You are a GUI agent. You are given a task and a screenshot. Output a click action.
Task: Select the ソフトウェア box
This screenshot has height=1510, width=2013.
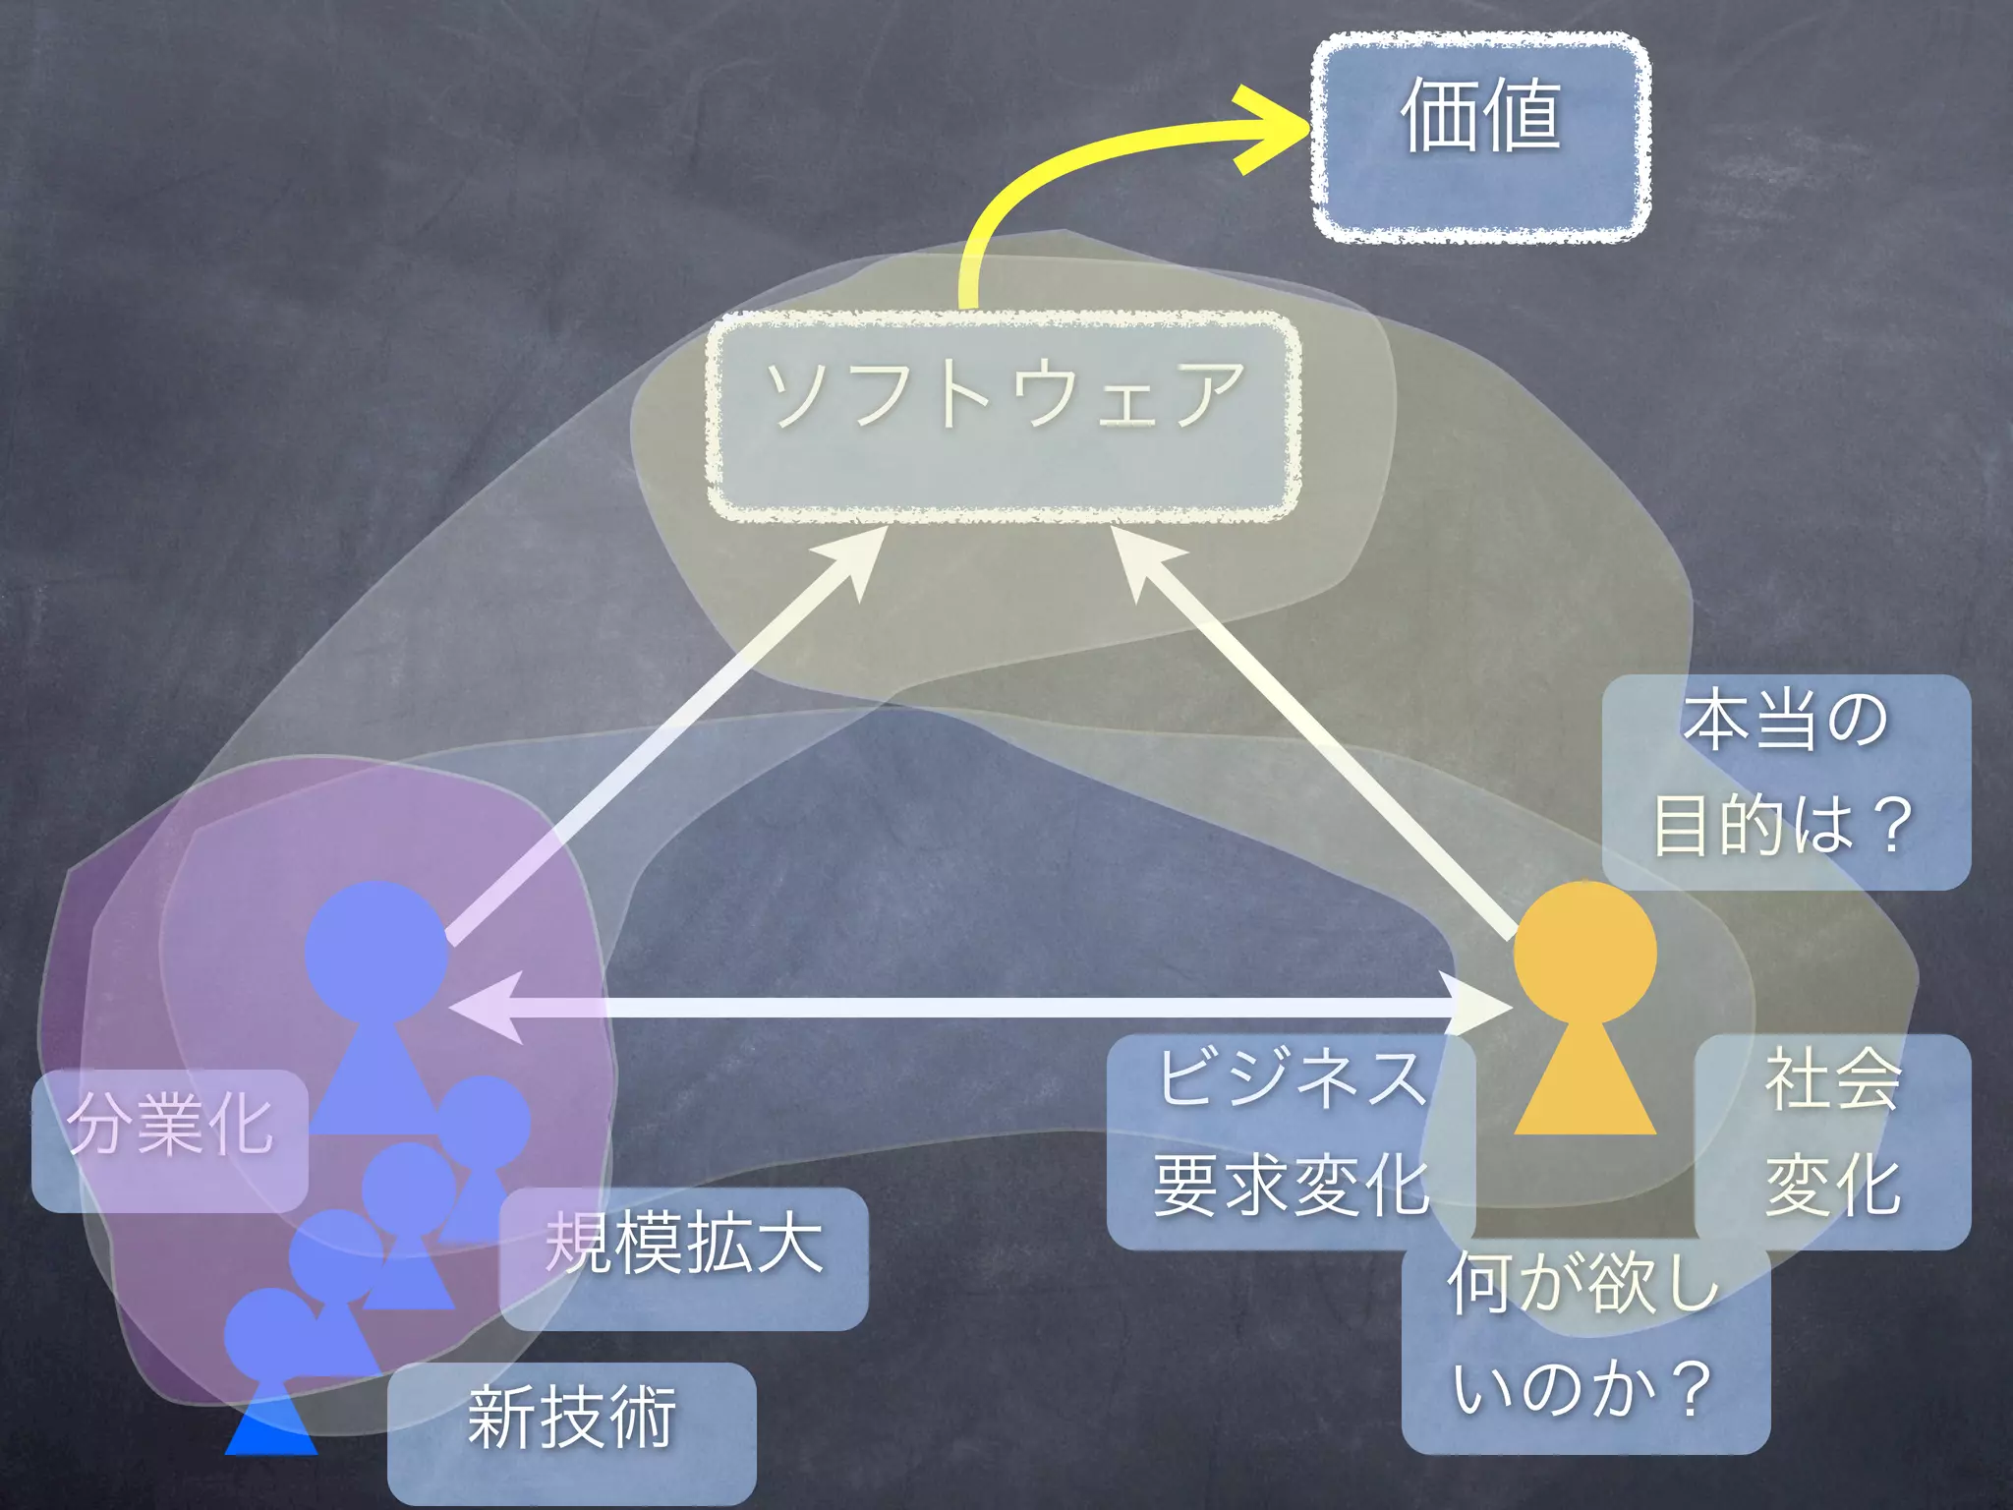point(1004,416)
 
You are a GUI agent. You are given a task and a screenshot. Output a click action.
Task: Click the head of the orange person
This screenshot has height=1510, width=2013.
point(1584,952)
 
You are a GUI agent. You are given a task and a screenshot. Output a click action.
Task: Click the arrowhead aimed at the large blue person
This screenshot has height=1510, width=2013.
point(487,1007)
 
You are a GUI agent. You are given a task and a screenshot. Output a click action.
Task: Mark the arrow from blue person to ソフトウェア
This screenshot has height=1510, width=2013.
point(659,732)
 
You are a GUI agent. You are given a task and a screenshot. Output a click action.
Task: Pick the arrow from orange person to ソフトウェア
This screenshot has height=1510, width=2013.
point(1317,732)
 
